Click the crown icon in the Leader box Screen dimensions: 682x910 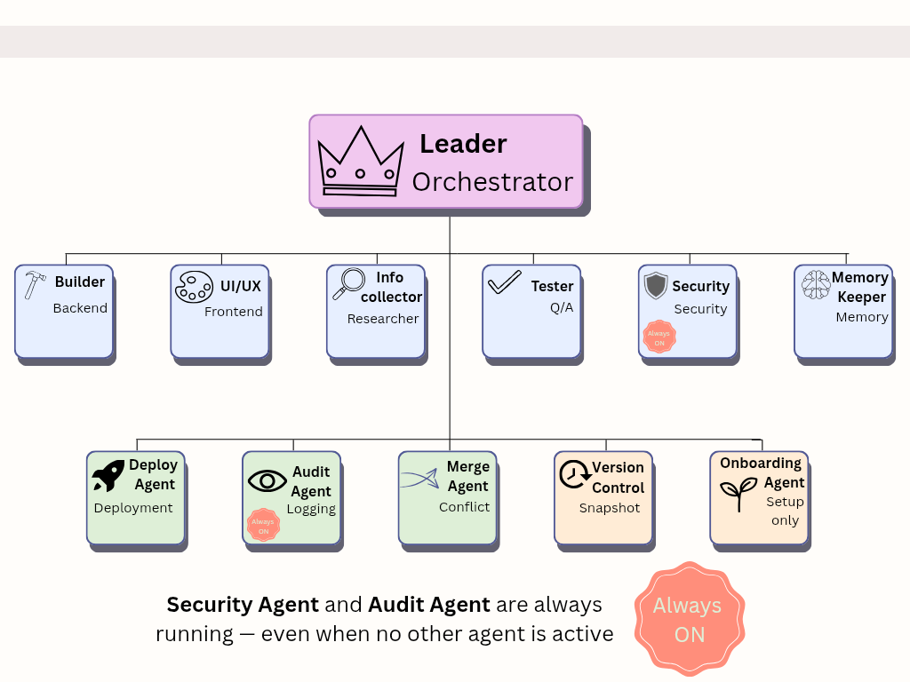[x=360, y=162]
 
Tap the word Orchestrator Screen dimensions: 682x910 [x=492, y=182]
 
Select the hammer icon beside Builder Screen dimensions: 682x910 [x=36, y=285]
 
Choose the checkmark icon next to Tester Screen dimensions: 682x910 [x=504, y=283]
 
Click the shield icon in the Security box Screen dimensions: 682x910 [x=656, y=286]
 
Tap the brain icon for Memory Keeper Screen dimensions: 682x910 [x=816, y=285]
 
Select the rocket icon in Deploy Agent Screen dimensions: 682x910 [x=108, y=476]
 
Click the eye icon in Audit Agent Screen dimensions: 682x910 [x=267, y=481]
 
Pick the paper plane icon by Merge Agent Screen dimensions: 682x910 [x=420, y=479]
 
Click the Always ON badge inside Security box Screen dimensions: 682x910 [x=659, y=337]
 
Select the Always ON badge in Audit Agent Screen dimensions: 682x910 [x=263, y=526]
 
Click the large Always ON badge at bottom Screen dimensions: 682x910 [x=689, y=619]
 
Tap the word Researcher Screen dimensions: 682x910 [x=383, y=319]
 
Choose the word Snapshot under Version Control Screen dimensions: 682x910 [x=610, y=509]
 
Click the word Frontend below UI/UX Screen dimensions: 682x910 [x=234, y=312]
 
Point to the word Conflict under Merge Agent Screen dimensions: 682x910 [x=464, y=507]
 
